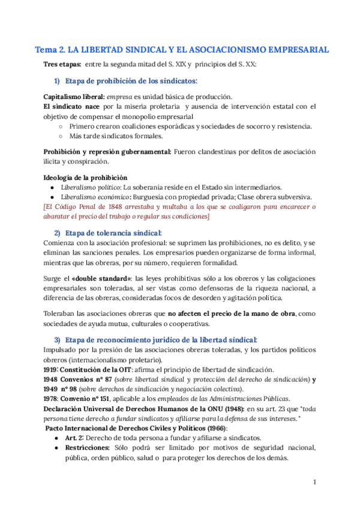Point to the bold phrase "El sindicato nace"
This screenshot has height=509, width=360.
[x=71, y=107]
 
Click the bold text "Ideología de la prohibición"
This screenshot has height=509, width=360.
[x=86, y=178]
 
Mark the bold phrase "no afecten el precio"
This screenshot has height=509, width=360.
[x=202, y=313]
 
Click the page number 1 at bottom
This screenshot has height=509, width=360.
[x=314, y=481]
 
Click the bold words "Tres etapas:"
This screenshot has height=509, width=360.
[x=62, y=65]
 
